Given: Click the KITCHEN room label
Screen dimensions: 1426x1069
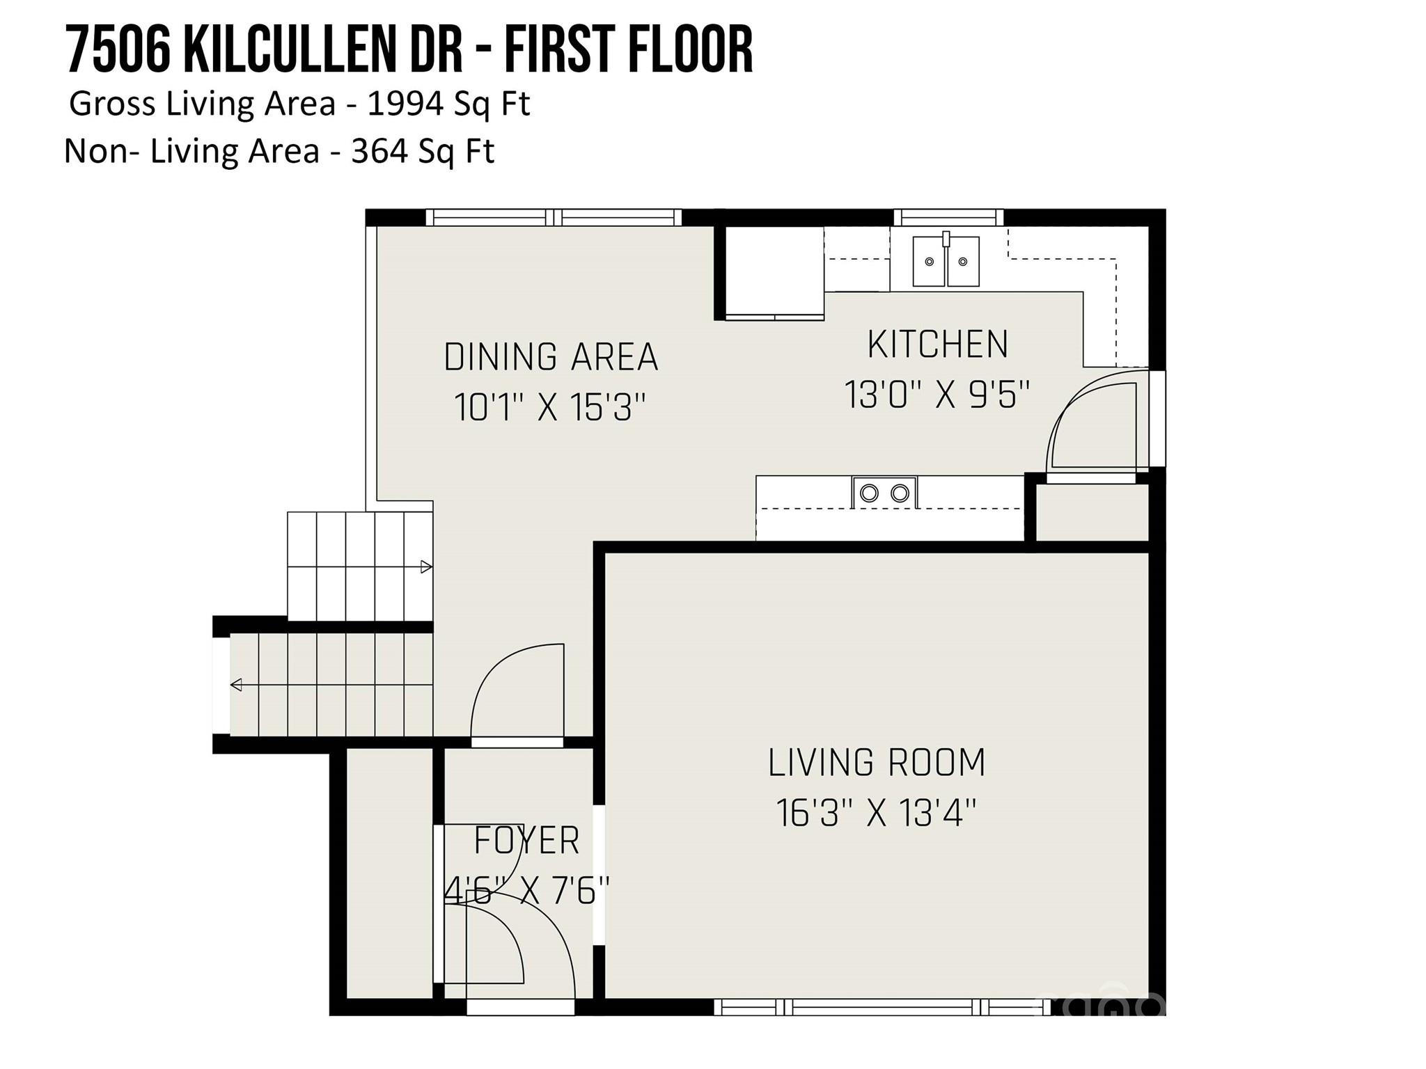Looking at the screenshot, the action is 937,345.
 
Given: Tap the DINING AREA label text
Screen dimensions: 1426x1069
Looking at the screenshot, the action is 551,357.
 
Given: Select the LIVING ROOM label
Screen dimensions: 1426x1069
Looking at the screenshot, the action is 877,763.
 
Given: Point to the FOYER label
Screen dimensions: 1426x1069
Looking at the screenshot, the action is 526,841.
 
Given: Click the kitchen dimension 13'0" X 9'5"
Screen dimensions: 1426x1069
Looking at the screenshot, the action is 937,395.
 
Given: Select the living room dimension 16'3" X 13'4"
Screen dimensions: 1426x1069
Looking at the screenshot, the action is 877,812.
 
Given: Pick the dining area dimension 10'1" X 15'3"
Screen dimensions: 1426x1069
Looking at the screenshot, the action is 550,407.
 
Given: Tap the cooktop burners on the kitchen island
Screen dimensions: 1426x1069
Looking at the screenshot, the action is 884,493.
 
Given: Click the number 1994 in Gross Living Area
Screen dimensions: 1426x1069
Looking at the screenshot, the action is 405,104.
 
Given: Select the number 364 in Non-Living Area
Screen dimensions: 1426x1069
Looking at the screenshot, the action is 379,151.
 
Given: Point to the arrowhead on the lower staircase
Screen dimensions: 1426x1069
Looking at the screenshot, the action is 236,685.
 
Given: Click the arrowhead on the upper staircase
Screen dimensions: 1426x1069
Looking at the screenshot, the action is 427,567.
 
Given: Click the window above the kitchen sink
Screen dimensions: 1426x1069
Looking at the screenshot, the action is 948,218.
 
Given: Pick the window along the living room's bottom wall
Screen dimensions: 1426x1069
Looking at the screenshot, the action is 882,1006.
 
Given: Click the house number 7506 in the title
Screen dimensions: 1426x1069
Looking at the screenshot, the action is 118,50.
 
